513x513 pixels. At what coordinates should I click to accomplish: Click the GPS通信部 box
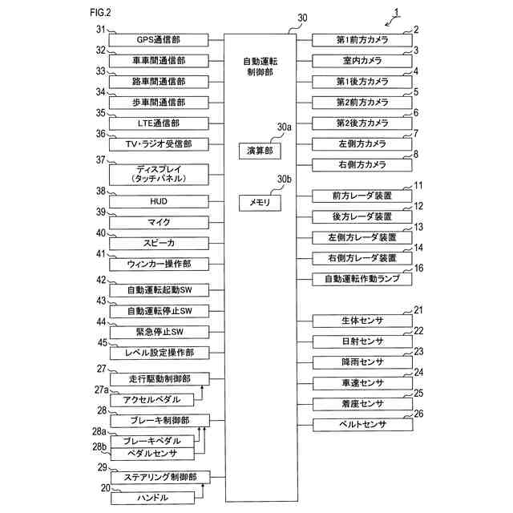click(x=158, y=40)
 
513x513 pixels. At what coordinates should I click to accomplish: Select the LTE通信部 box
click(x=158, y=123)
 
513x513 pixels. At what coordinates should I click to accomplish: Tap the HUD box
click(x=158, y=200)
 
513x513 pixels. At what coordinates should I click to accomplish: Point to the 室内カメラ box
click(x=358, y=61)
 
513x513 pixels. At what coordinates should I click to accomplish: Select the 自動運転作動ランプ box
click(x=358, y=279)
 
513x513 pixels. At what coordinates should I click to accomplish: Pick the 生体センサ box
click(x=358, y=321)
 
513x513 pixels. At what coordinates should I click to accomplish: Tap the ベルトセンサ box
click(x=358, y=424)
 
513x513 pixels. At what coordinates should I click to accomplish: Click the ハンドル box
click(x=152, y=498)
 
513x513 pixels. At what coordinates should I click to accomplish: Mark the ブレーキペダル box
click(x=152, y=441)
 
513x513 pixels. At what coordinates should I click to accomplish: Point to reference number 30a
click(x=284, y=127)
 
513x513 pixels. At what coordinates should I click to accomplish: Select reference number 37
click(x=102, y=160)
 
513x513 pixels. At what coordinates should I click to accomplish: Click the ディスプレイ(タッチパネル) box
click(x=158, y=174)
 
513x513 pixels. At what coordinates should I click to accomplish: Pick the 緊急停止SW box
click(x=158, y=332)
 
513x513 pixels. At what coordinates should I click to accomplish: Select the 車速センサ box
click(x=358, y=382)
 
